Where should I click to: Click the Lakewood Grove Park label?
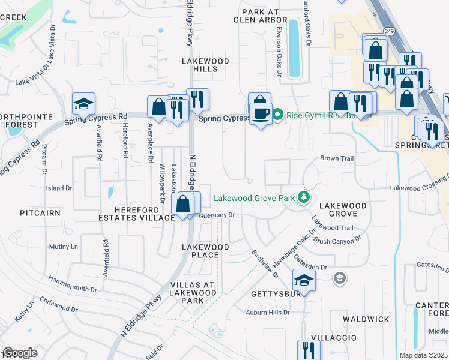click(255, 197)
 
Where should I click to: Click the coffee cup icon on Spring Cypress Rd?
click(261, 113)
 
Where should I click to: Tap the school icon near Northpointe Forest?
click(84, 104)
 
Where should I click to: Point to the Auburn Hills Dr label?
click(268, 313)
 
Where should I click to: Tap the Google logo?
click(19, 353)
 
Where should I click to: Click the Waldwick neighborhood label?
click(366, 319)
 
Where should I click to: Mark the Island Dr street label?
click(59, 188)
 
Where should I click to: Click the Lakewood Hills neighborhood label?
click(206, 65)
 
